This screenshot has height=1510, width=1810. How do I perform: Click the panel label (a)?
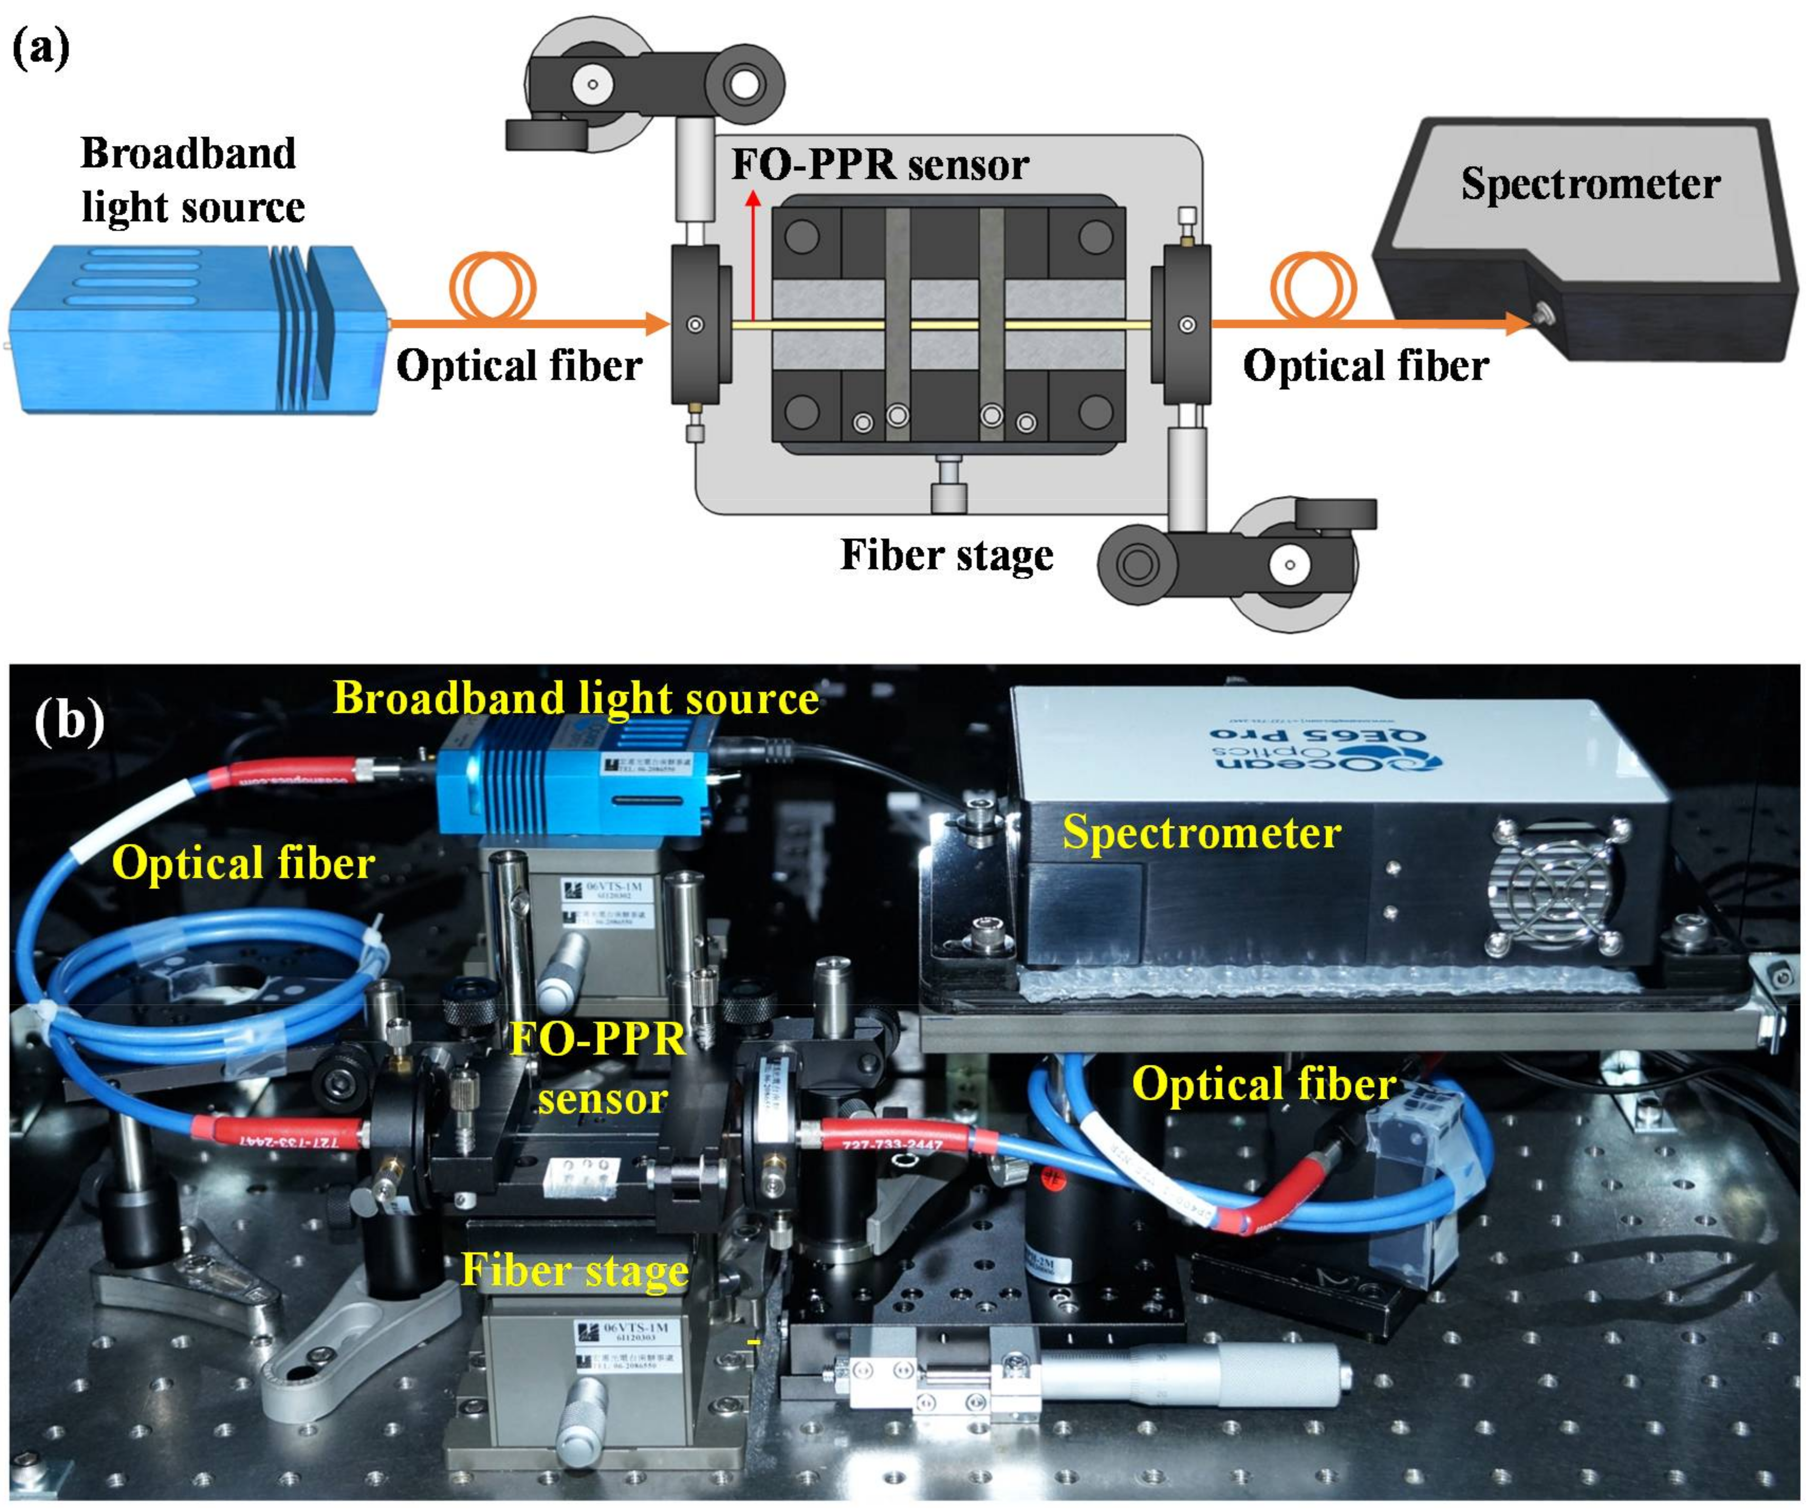[x=41, y=48]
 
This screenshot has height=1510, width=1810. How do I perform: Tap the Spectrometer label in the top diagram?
[x=1590, y=183]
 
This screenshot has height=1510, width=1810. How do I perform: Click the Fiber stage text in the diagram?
[x=946, y=554]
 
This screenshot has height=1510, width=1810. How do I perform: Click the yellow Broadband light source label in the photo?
[x=575, y=698]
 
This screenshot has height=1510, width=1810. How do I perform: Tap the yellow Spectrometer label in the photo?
[x=1200, y=833]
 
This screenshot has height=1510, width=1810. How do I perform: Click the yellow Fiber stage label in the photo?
[x=575, y=1269]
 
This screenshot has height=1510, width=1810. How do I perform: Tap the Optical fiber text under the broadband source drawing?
[x=519, y=365]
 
